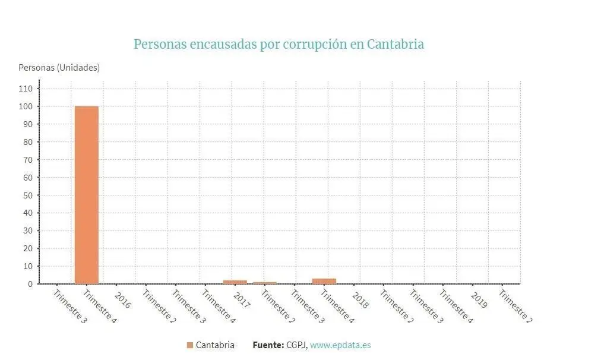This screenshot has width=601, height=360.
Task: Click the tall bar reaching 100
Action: point(86,195)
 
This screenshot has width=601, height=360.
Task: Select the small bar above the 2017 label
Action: point(235,282)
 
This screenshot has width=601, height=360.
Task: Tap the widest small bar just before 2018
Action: point(324,281)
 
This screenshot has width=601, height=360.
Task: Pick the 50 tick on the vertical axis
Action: point(28,195)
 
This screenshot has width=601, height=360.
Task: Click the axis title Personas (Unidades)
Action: point(59,68)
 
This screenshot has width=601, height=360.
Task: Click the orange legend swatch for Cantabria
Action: point(190,345)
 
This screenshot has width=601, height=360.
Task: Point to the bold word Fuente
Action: point(268,345)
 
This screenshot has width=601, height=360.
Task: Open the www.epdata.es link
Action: point(340,345)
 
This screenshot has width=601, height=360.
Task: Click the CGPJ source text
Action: point(296,345)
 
